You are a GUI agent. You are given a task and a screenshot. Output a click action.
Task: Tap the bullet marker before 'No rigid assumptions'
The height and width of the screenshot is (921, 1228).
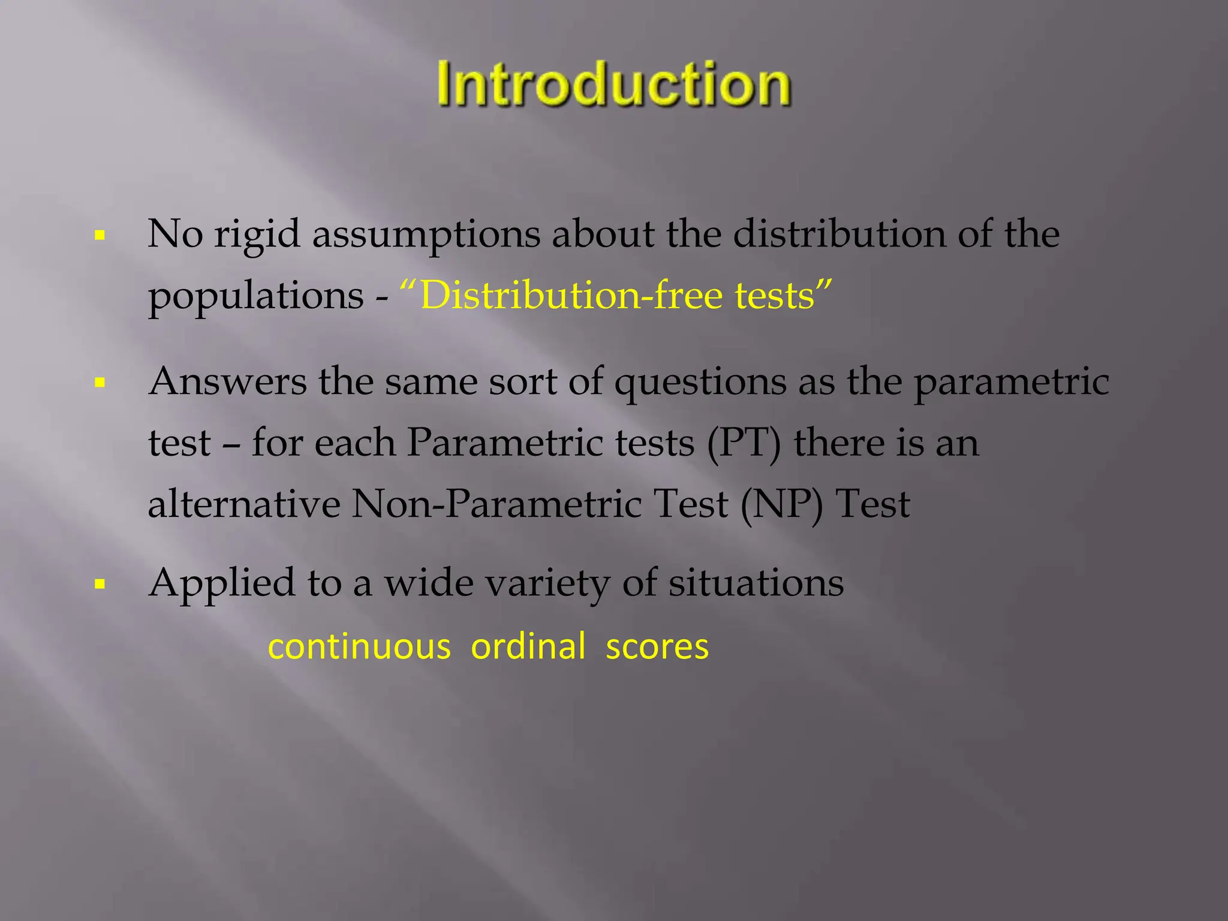(100, 235)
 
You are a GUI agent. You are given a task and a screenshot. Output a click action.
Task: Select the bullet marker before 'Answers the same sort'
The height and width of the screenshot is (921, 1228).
(100, 382)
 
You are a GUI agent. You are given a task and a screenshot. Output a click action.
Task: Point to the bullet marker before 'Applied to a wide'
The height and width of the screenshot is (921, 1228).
(100, 583)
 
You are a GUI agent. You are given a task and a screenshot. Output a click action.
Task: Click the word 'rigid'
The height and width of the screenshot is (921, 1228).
(257, 234)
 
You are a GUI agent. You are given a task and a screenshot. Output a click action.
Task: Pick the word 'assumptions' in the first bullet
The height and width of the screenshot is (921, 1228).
(426, 234)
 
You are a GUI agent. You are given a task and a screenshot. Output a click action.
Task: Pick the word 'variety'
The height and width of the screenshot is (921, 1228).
(547, 583)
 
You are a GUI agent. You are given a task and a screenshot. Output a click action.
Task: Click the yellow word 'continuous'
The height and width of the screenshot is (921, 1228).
(359, 647)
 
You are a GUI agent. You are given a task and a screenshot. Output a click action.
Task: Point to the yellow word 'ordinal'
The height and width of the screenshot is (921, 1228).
(528, 647)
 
